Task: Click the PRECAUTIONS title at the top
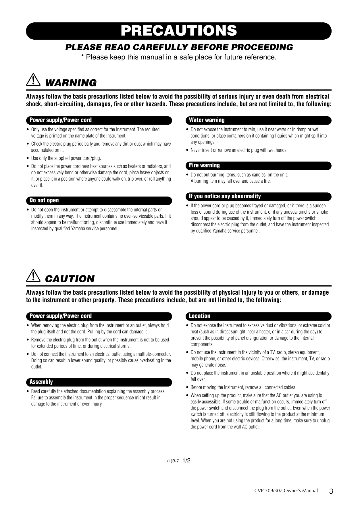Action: click(179, 31)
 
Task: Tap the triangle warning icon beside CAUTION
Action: click(33, 276)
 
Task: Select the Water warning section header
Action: click(207, 120)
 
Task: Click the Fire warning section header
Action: click(204, 165)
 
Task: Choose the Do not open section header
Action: click(44, 200)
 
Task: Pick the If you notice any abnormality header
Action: click(225, 196)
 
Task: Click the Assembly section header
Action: click(41, 382)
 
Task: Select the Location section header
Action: click(199, 316)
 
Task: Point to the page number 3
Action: click(331, 491)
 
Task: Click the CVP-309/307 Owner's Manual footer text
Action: click(286, 491)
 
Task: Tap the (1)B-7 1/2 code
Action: click(179, 461)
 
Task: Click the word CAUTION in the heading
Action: click(70, 279)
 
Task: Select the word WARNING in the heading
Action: click(71, 83)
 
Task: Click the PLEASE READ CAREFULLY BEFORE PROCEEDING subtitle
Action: click(179, 47)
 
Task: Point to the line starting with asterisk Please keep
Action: click(179, 57)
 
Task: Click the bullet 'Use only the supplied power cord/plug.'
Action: click(66, 158)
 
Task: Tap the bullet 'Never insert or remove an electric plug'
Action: click(239, 150)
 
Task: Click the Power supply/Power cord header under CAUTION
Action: click(61, 316)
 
